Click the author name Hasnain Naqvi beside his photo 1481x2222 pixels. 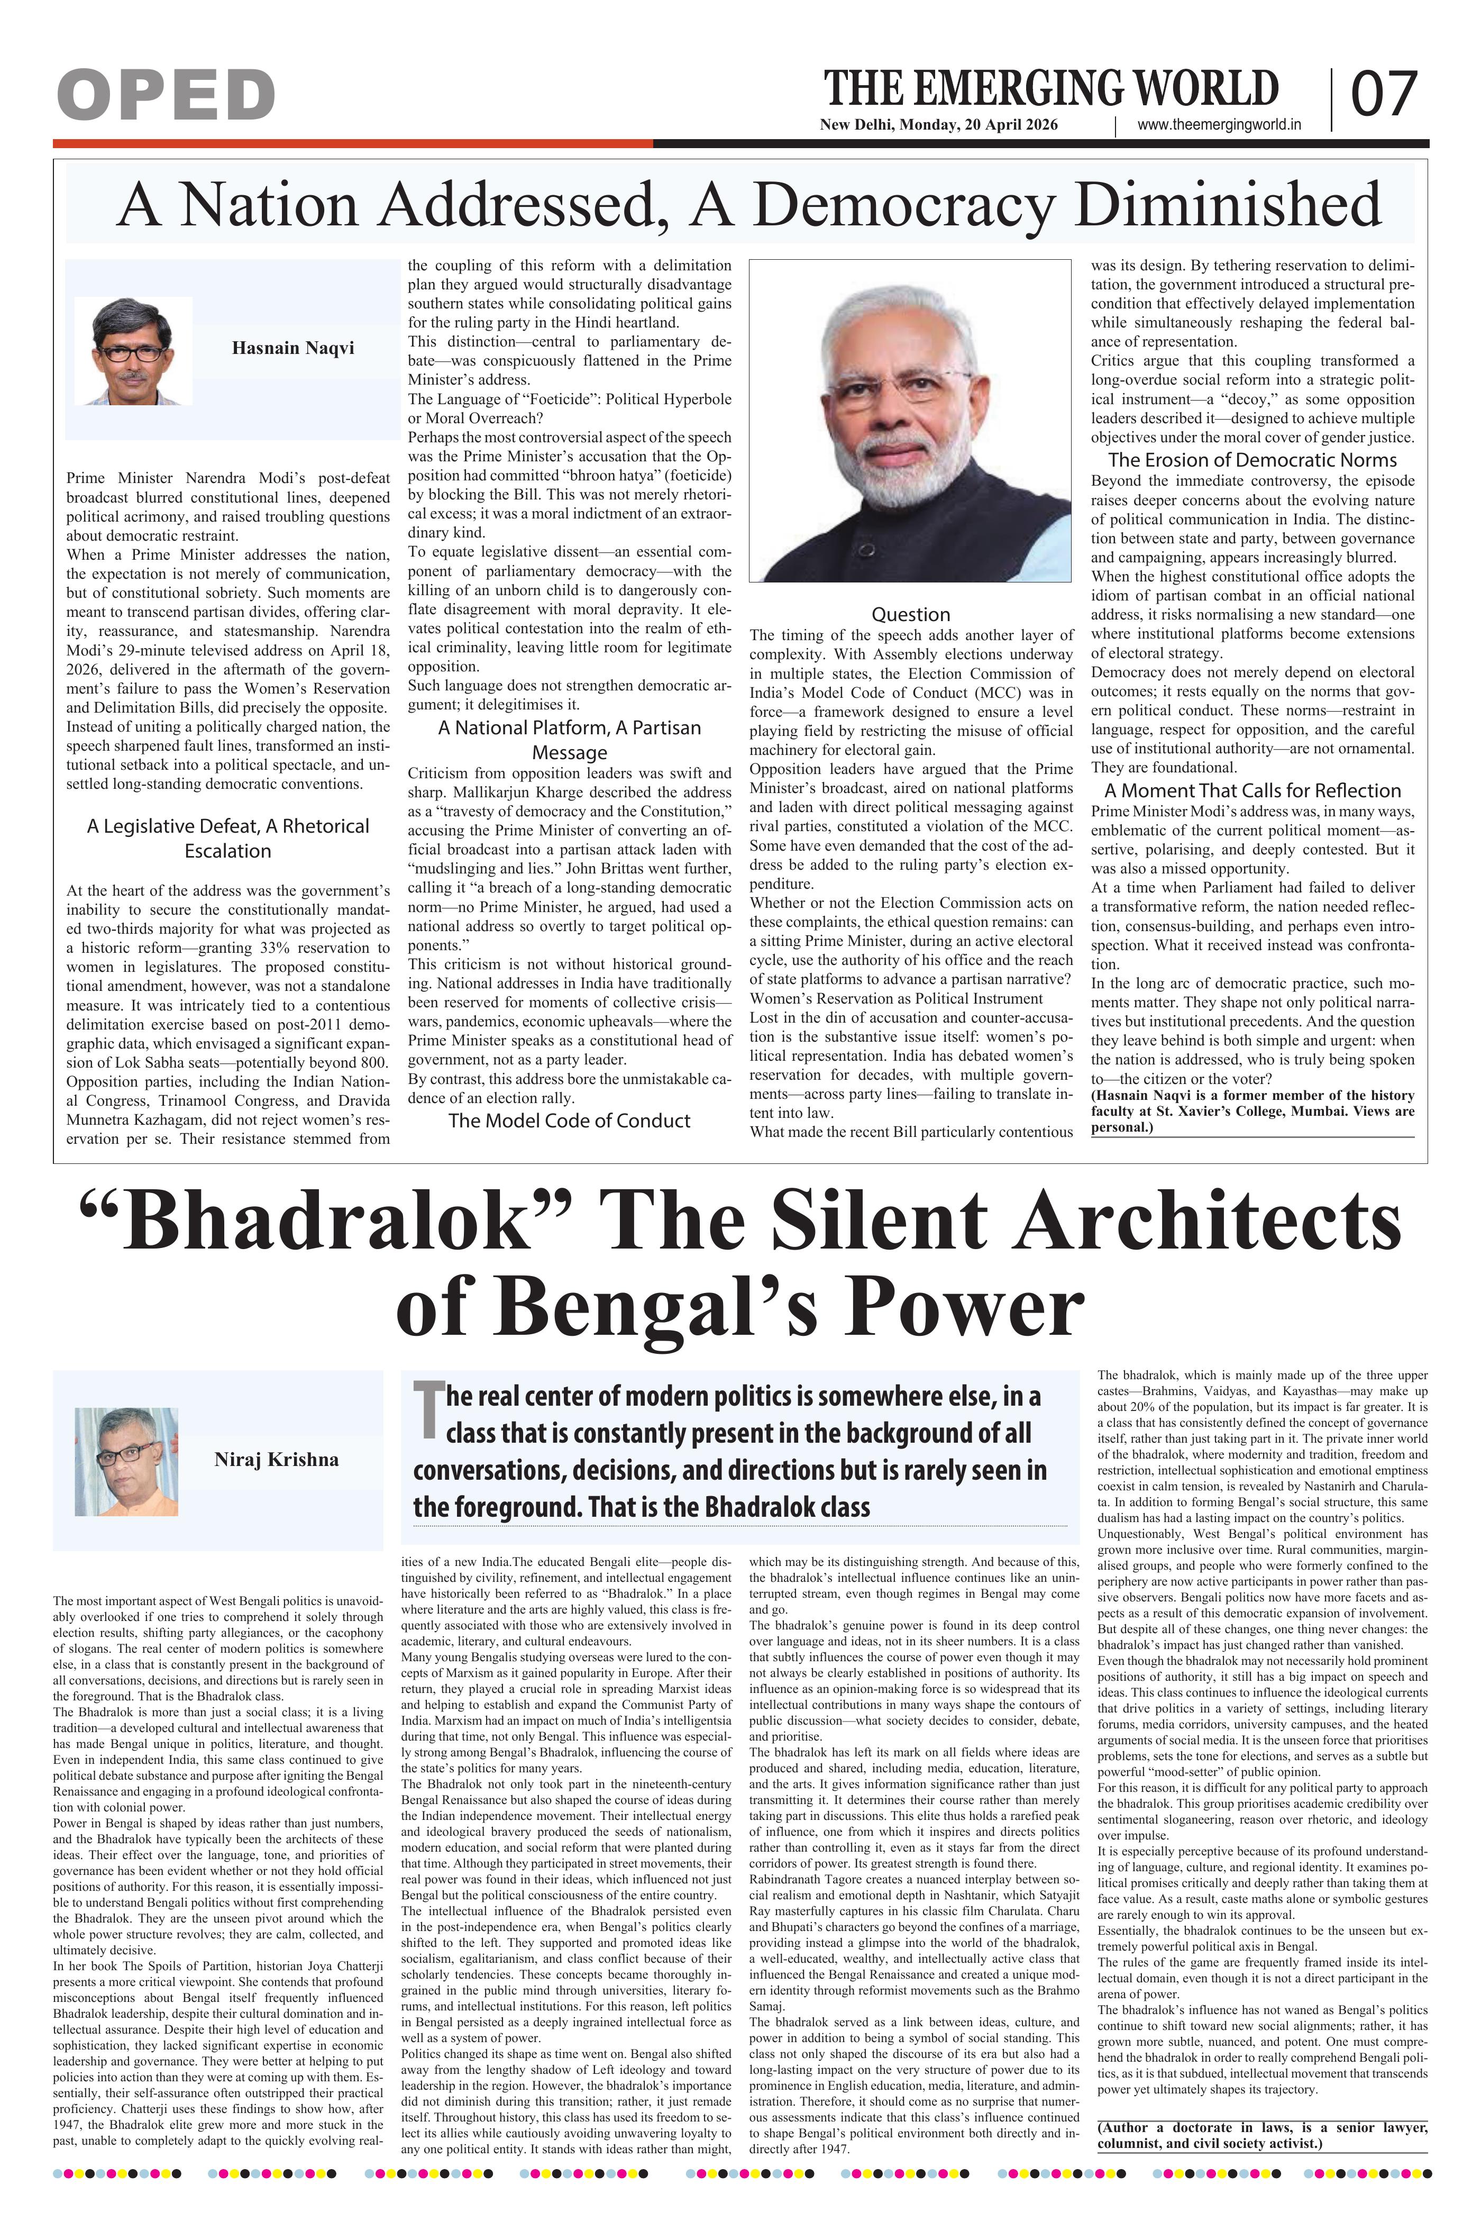coord(293,348)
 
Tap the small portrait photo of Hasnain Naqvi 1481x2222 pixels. coord(133,350)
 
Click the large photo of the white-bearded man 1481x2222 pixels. coord(910,421)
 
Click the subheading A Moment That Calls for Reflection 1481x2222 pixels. coord(1253,791)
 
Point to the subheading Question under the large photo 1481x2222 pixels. coord(910,614)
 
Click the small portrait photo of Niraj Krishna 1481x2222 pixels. coord(126,1461)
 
